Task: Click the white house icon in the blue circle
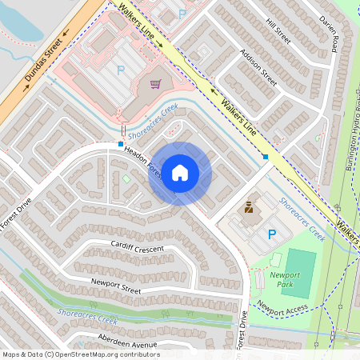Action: [180, 173]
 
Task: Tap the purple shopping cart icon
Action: [155, 82]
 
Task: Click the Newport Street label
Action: [116, 282]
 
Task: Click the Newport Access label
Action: [282, 310]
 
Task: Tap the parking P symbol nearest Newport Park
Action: [272, 234]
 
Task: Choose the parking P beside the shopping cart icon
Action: [121, 70]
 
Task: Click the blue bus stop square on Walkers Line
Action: [266, 157]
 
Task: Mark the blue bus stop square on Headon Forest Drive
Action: [120, 144]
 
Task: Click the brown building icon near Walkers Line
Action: [249, 210]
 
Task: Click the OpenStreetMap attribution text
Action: [81, 354]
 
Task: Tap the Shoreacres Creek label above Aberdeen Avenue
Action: [88, 319]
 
